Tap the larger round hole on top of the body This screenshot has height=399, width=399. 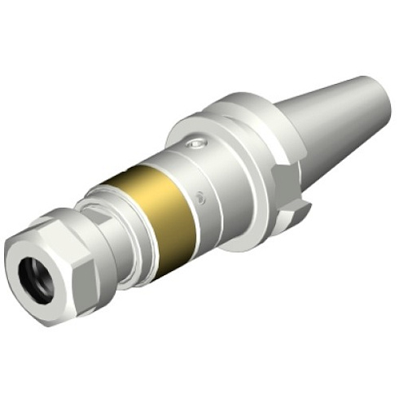point(193,145)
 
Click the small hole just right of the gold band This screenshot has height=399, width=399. point(201,195)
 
